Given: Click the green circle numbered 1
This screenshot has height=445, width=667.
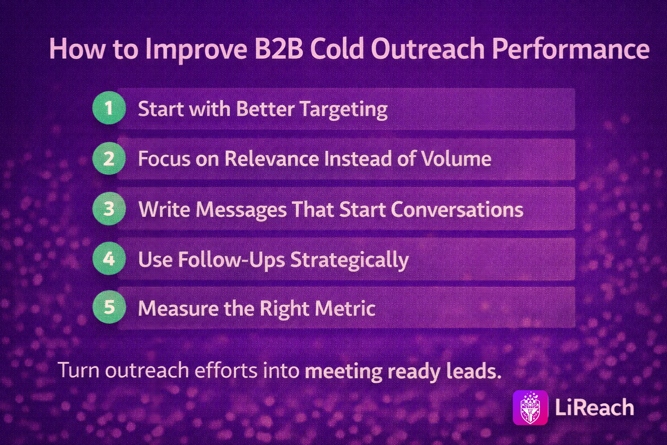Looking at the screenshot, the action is pyautogui.click(x=109, y=108).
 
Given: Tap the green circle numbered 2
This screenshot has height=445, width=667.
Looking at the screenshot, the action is pyautogui.click(x=109, y=158).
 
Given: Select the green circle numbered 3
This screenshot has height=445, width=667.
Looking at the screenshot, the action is pyautogui.click(x=109, y=209).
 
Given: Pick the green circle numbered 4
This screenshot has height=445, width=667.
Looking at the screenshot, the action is pyautogui.click(x=109, y=259).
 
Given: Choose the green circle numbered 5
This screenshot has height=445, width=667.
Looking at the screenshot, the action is pyautogui.click(x=109, y=307).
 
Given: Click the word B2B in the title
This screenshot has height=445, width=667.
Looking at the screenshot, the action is pyautogui.click(x=279, y=49).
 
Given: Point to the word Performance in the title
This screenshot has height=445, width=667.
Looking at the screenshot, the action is pyautogui.click(x=571, y=49).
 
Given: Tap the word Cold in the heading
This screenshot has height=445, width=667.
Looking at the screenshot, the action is pyautogui.click(x=337, y=49).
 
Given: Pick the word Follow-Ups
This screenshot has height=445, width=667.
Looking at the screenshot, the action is pyautogui.click(x=231, y=259).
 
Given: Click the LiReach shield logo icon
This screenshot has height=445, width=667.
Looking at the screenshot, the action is pyautogui.click(x=530, y=408).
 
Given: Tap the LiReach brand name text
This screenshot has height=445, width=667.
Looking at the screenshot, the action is pyautogui.click(x=594, y=408).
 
